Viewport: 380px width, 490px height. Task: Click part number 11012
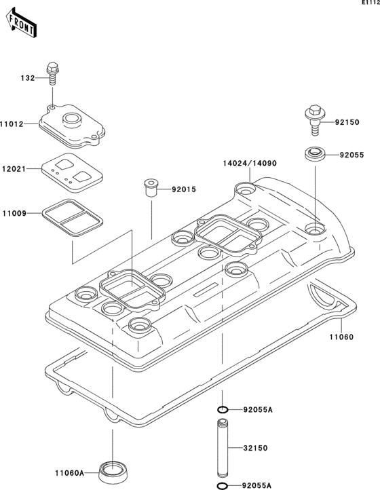click(x=12, y=124)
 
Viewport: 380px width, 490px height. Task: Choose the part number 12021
click(x=12, y=168)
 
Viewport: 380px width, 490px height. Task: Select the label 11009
click(x=12, y=214)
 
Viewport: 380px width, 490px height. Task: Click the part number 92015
click(x=183, y=189)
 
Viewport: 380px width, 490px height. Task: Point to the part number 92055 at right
click(x=352, y=155)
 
